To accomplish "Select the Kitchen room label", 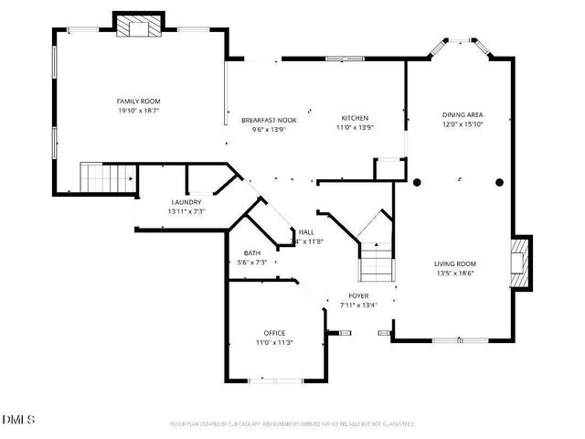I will click(355, 118).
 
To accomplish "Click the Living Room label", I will click(454, 263).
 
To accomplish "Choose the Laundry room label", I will click(186, 202).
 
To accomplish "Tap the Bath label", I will click(252, 252).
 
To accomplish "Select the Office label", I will click(274, 332).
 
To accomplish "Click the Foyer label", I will click(358, 296).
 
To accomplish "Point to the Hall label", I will click(307, 232).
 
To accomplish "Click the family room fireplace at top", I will click(138, 27).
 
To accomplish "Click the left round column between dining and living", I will click(417, 182).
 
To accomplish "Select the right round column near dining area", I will click(499, 182).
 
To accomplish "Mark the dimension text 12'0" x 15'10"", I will click(462, 123).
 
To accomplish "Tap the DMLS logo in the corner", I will click(18, 419).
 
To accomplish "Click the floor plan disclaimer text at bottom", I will click(292, 424).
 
